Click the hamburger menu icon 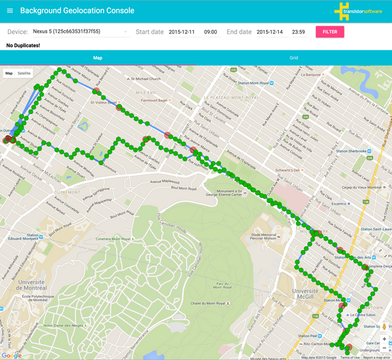9,10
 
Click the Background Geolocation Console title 77,10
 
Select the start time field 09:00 211,31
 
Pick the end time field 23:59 300,31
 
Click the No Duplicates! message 23,46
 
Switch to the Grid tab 293,58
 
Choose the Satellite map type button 24,73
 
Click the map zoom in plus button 384,340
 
